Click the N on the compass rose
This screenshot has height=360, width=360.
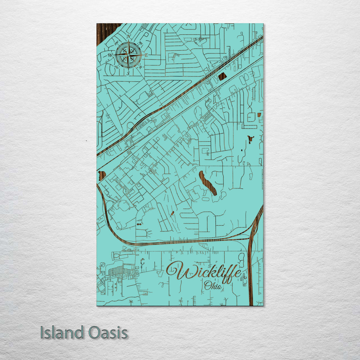(x=129, y=36)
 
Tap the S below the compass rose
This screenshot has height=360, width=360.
(x=128, y=73)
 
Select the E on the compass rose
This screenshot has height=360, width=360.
(x=146, y=55)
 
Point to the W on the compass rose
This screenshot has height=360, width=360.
(x=110, y=55)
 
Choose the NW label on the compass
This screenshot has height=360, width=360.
(x=117, y=43)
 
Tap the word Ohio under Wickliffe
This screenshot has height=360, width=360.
(x=213, y=285)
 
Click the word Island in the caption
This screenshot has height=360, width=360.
(x=62, y=333)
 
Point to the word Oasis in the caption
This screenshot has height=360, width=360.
(x=108, y=333)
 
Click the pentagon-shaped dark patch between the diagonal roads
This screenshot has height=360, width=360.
(x=222, y=76)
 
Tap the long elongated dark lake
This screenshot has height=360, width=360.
(x=208, y=183)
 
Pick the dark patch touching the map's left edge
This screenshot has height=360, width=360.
(x=101, y=175)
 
